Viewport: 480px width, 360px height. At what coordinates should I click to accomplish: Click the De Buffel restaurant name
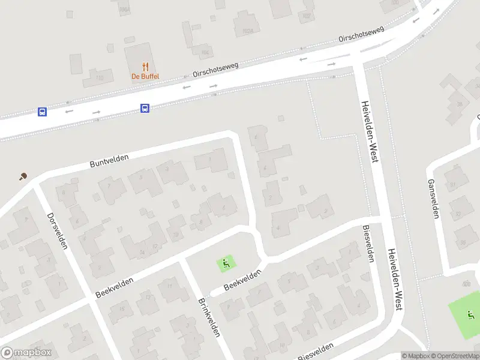coord(145,76)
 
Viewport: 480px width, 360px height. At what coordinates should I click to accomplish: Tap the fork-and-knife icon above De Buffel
coord(145,67)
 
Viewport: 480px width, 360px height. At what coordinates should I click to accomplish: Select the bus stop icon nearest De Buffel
coord(145,108)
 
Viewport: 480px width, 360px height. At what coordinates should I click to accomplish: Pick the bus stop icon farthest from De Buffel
coord(42,112)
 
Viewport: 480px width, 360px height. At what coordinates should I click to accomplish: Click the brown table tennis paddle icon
coord(23,176)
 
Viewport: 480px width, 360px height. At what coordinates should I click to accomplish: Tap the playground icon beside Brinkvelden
coord(226,262)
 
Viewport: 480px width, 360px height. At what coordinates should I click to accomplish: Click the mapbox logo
coord(26,353)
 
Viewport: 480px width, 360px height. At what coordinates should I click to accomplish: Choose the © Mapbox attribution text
coord(416,356)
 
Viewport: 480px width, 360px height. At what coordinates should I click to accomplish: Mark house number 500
coord(466,283)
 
